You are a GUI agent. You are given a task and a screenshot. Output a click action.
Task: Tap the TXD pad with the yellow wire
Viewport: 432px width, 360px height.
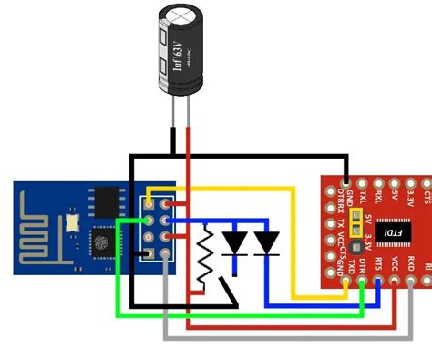coord(346,283)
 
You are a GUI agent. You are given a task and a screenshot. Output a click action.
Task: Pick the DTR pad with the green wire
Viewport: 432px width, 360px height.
coord(363,283)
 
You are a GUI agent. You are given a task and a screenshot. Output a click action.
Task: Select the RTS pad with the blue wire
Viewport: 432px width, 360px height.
coord(379,283)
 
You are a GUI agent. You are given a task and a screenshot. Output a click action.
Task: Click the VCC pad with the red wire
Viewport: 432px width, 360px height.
coord(396,283)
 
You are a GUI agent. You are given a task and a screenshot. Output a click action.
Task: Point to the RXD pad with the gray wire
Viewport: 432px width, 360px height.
coord(412,283)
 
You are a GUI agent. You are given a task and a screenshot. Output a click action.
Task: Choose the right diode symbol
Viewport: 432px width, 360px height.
coord(266,242)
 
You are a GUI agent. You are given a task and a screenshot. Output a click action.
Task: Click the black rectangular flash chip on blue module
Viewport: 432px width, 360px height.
coord(108,201)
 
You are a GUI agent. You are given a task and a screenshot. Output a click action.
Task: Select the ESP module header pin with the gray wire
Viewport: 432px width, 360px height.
coord(165,255)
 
